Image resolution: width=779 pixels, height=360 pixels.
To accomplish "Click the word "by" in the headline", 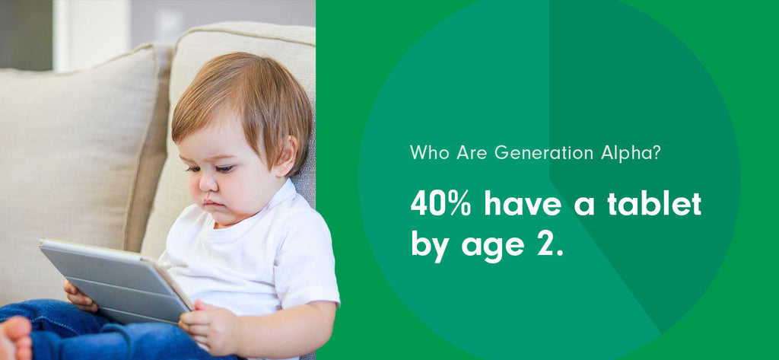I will pos(430,245).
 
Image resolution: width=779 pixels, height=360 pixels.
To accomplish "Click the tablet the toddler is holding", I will pos(114,278).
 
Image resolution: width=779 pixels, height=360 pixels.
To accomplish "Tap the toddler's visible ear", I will pos(287,154).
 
